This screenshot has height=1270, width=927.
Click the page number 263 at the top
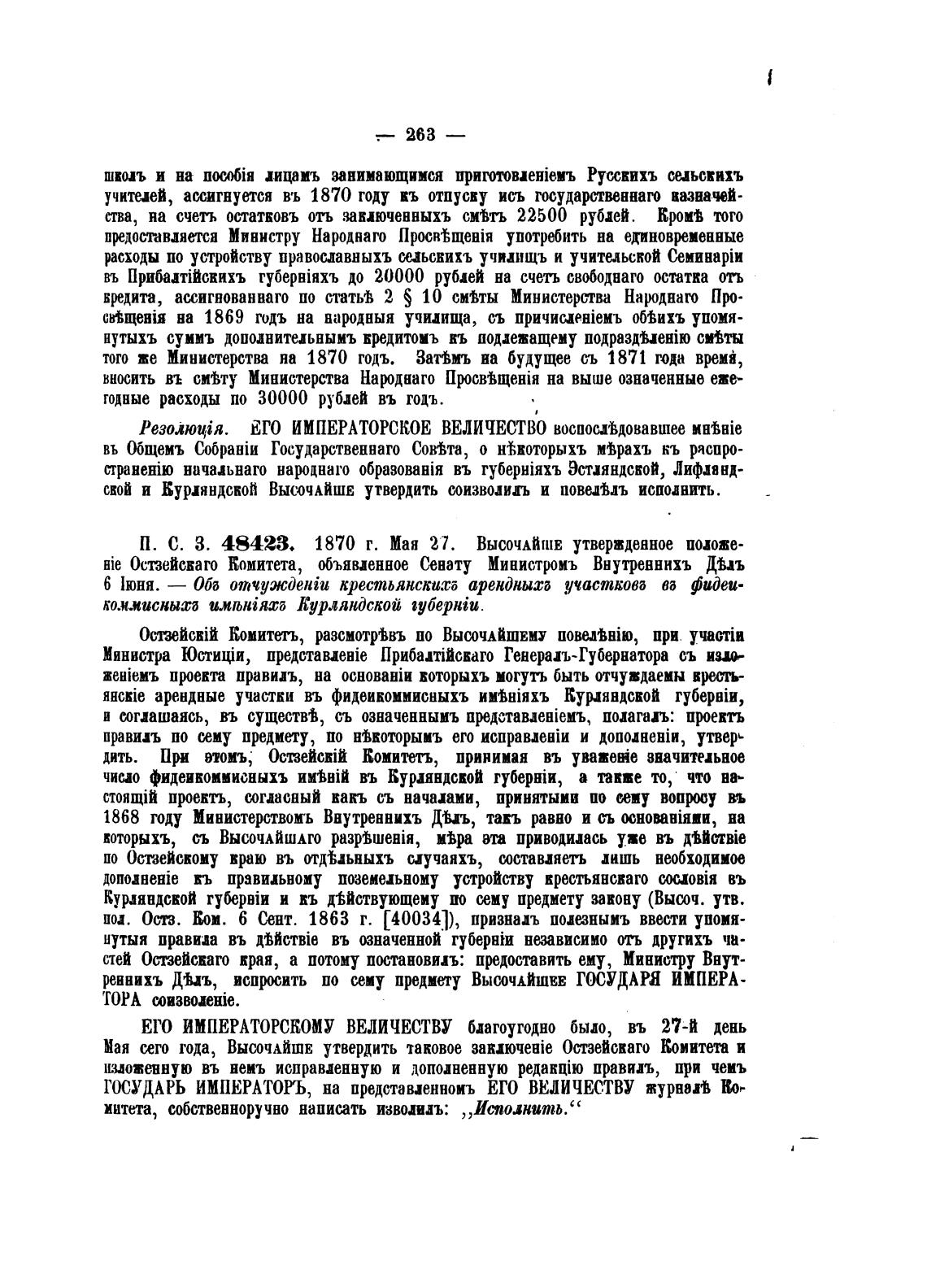pyautogui.click(x=420, y=135)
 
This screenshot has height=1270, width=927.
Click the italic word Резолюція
pyautogui.click(x=185, y=429)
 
